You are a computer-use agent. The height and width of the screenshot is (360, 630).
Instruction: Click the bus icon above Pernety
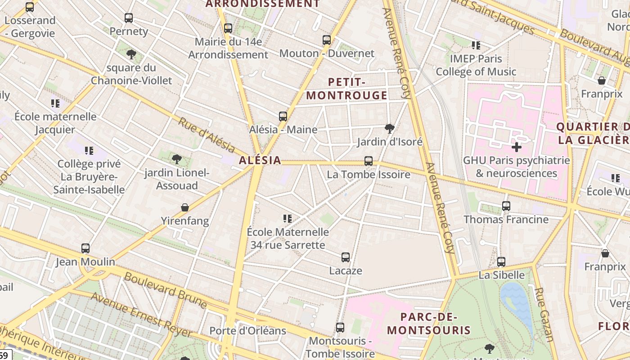point(129,18)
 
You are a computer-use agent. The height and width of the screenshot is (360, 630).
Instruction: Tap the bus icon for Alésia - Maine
point(283,117)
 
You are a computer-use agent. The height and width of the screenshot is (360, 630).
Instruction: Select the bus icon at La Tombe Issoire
point(369,161)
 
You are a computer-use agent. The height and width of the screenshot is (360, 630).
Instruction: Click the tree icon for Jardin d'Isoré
point(390,129)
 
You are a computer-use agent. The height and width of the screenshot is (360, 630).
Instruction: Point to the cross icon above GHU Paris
point(517,147)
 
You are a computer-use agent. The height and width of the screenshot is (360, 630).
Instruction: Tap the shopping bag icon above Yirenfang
point(185,207)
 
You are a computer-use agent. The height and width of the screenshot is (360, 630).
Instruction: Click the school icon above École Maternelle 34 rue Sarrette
point(288,219)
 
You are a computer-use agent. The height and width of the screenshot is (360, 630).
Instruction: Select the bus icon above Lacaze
point(346,257)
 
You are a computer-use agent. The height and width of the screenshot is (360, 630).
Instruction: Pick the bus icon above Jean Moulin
point(85,248)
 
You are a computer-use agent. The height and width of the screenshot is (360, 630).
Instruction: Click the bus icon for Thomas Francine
point(506,206)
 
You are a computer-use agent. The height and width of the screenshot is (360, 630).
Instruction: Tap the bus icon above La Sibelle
point(501,262)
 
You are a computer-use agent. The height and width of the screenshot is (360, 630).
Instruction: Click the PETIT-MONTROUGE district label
point(346,89)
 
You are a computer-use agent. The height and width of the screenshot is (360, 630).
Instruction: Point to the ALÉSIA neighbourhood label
point(260,160)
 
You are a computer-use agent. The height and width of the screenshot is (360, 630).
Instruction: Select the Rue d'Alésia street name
point(207,135)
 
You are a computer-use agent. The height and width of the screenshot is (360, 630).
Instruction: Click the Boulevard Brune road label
point(166,290)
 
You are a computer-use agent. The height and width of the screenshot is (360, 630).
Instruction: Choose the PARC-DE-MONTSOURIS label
point(429,323)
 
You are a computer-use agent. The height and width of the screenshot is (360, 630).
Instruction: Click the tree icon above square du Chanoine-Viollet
point(131,55)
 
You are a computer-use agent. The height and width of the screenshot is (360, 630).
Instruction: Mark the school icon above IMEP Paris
point(476,45)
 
